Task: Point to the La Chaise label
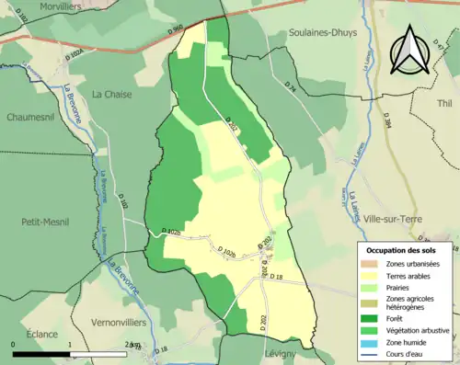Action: [110, 93]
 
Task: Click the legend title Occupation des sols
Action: [401, 250]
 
